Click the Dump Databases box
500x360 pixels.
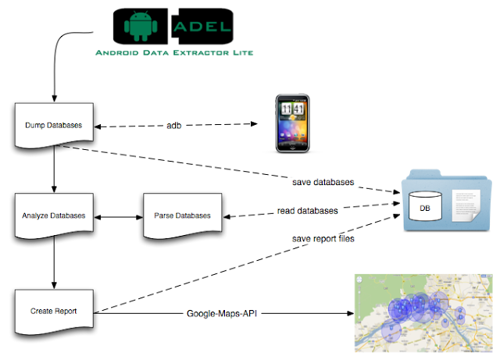point(54,125)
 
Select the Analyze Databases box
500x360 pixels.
point(54,215)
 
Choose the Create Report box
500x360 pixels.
point(54,311)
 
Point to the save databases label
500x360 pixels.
point(323,182)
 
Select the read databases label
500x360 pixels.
point(308,211)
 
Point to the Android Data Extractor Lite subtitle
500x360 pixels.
point(174,53)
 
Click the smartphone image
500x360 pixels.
point(292,123)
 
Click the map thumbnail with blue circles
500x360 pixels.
point(423,312)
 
